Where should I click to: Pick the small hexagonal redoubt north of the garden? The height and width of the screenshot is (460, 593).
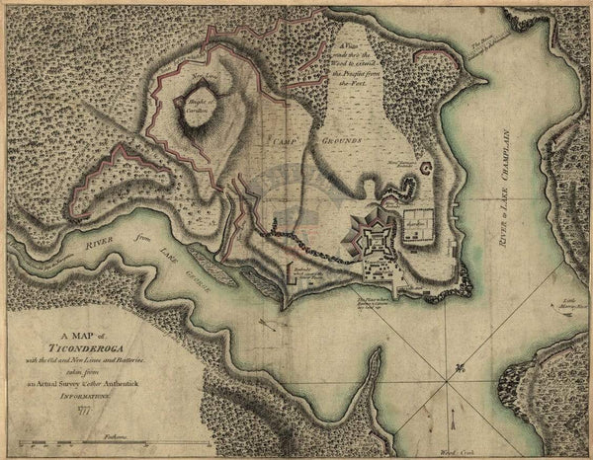[426, 169]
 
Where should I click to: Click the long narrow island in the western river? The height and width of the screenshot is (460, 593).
[212, 266]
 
